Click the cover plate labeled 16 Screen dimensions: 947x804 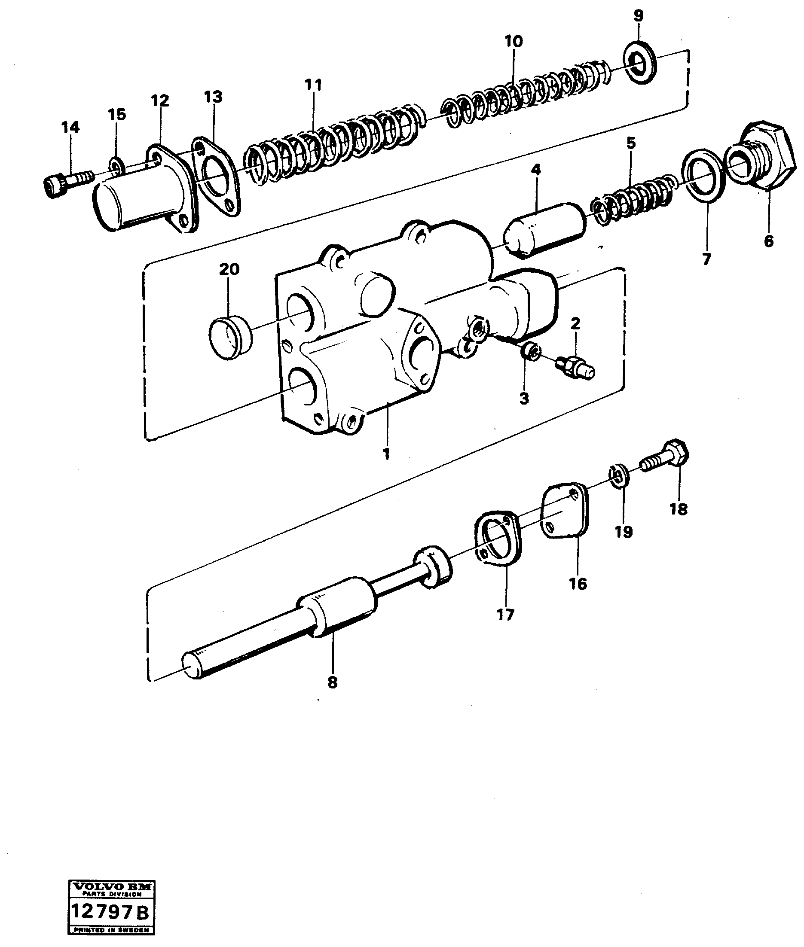[564, 510]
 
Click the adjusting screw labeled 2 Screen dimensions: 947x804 [576, 367]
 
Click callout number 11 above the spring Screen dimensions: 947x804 [313, 85]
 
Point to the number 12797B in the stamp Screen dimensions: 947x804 [110, 910]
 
